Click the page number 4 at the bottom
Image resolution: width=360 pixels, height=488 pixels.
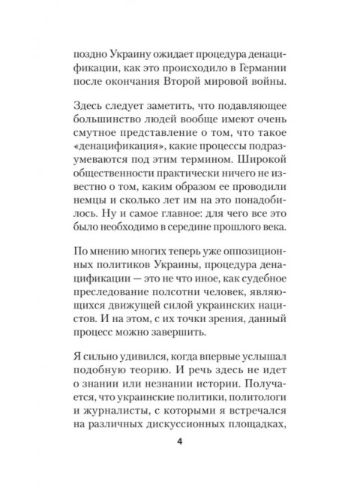click(179, 441)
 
